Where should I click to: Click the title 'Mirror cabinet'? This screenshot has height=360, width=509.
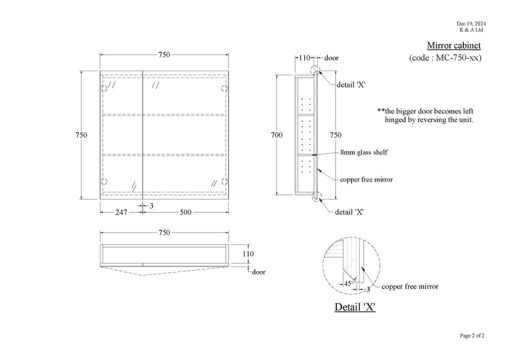(x=454, y=45)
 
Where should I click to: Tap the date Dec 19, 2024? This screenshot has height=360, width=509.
(x=471, y=24)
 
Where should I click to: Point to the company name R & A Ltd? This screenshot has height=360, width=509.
(x=471, y=30)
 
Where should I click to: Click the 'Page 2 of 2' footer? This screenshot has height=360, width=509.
(x=472, y=336)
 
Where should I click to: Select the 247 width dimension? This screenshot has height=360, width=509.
(x=121, y=212)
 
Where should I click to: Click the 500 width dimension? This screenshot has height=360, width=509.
(x=185, y=212)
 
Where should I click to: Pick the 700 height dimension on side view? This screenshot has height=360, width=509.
(x=276, y=135)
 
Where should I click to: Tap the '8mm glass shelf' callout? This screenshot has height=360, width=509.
(x=364, y=152)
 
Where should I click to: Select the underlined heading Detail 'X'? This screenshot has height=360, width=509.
(x=355, y=307)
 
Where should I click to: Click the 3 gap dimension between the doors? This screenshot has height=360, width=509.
(x=151, y=206)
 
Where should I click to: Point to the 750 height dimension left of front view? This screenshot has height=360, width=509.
(x=81, y=135)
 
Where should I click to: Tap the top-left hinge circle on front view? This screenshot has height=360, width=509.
(x=104, y=89)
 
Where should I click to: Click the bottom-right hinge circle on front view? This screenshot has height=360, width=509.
(x=225, y=181)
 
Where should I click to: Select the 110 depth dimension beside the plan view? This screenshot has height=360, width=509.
(x=248, y=254)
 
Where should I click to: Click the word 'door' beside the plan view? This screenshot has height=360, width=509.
(x=258, y=272)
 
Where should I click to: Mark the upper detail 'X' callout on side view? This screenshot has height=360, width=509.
(x=351, y=85)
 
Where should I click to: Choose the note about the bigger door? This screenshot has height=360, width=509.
(x=425, y=115)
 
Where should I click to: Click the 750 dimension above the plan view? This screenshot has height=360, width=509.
(x=164, y=232)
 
